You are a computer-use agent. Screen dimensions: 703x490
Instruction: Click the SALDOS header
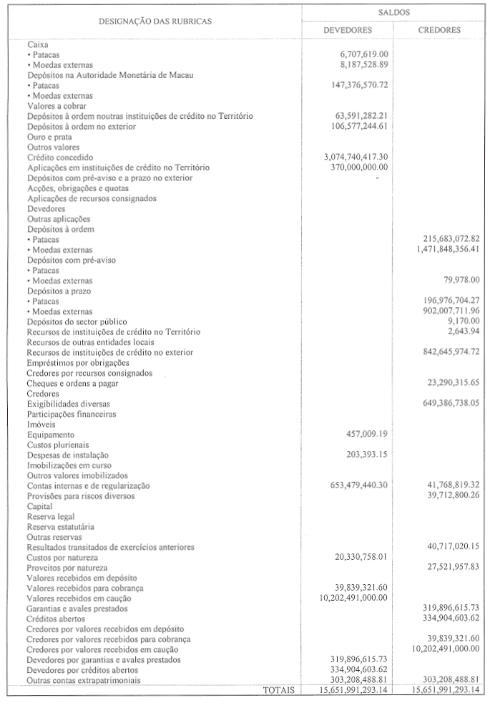point(393,13)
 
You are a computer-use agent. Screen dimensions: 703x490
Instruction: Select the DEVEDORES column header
point(347,31)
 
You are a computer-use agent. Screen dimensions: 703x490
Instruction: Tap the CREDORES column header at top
point(438,31)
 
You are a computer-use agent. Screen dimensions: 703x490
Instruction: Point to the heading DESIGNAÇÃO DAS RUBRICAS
point(155,21)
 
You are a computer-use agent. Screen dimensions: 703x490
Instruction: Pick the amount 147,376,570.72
point(356,84)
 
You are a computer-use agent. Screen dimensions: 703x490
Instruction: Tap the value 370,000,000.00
point(356,167)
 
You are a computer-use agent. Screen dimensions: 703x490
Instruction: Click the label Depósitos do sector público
point(77,321)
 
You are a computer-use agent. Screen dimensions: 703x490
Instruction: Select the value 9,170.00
point(461,321)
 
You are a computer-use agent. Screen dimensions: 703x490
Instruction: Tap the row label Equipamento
point(50,434)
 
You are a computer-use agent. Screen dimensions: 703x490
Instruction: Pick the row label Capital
point(41,506)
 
